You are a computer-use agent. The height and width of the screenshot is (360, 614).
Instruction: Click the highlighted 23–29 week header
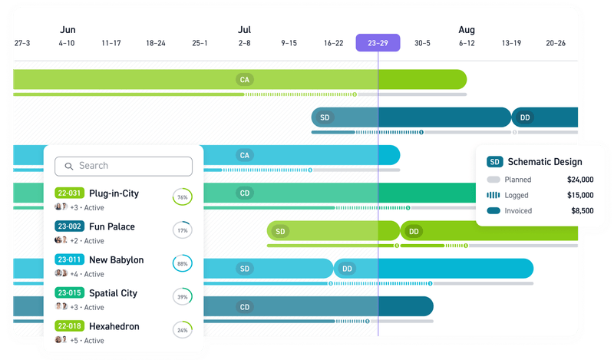click(x=378, y=43)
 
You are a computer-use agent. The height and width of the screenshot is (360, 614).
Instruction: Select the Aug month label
click(x=467, y=30)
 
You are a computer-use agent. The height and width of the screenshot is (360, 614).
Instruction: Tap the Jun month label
click(x=67, y=30)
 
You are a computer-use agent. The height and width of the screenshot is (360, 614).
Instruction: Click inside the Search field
click(x=124, y=166)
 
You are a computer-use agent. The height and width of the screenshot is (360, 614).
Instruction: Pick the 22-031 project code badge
click(x=68, y=194)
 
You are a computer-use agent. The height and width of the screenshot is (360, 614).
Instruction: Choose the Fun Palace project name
click(x=111, y=227)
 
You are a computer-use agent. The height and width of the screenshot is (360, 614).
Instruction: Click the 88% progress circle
click(x=183, y=263)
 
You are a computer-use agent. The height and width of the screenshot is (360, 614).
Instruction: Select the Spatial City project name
click(x=113, y=293)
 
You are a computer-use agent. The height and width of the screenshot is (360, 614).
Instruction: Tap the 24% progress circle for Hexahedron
click(x=183, y=330)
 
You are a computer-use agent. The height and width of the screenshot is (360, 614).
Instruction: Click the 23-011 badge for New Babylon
click(x=68, y=260)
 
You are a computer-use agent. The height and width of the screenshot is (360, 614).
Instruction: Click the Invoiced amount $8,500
click(x=581, y=210)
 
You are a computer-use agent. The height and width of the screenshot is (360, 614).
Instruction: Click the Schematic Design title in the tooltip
click(x=545, y=162)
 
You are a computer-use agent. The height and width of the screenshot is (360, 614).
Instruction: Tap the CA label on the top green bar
click(x=245, y=79)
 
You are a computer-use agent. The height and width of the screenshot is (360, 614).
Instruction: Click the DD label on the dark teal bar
click(x=525, y=117)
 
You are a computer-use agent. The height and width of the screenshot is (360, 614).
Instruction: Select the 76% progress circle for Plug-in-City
click(x=183, y=197)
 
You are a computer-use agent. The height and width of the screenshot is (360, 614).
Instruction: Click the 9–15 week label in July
click(x=289, y=44)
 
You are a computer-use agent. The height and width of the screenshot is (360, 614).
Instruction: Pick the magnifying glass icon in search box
click(x=68, y=166)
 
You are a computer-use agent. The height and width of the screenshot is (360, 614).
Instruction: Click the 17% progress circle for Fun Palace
click(x=183, y=230)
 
